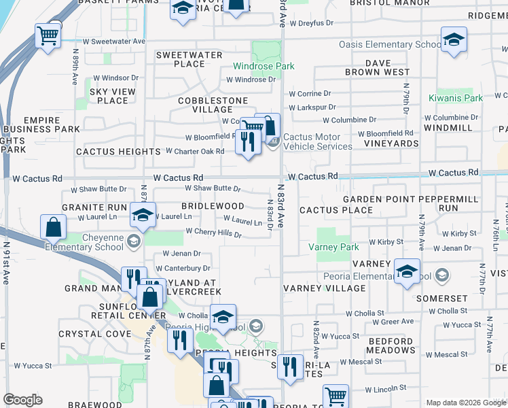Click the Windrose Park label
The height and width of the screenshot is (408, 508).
(264, 66)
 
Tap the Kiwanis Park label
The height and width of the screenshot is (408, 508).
(456, 98)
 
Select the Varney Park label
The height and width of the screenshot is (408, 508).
(333, 247)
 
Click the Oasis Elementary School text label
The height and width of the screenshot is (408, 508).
(391, 45)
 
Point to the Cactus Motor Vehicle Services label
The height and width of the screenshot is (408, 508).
(318, 141)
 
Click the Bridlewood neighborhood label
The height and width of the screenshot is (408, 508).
(213, 205)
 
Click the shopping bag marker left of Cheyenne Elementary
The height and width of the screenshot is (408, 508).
(53, 227)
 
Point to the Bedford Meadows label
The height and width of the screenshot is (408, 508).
(391, 345)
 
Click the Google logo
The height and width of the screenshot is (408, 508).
(22, 400)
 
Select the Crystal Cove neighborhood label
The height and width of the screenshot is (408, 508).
(85, 334)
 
